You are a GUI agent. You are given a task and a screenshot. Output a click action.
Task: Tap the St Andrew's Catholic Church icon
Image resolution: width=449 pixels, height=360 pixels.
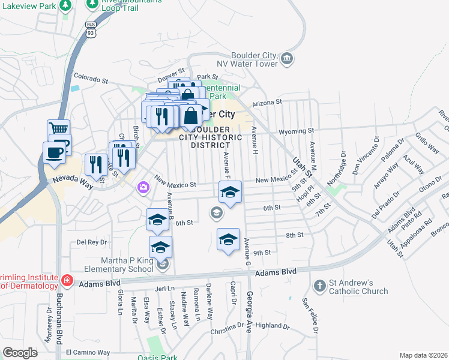point(320,284)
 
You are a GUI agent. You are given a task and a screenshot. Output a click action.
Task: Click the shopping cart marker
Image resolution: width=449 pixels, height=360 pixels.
point(58,130)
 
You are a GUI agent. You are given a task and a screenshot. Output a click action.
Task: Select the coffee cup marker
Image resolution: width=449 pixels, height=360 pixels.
point(54,152)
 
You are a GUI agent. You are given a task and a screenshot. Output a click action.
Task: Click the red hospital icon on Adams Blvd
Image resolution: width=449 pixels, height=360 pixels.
point(67,280)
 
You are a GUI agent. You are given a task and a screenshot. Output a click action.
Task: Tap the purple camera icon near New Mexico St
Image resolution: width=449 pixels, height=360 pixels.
point(143,188)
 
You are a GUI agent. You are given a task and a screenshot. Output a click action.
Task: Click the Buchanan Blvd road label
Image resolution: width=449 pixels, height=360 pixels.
point(59,325)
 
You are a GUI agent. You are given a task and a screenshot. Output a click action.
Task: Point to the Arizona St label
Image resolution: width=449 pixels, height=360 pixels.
point(267,103)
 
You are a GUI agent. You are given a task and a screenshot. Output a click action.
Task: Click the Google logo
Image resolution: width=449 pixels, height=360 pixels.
point(20,352)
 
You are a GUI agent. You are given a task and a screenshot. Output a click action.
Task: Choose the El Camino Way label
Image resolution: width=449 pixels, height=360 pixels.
point(88,352)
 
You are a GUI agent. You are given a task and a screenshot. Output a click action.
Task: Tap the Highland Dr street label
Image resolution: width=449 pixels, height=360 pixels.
point(273,326)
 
